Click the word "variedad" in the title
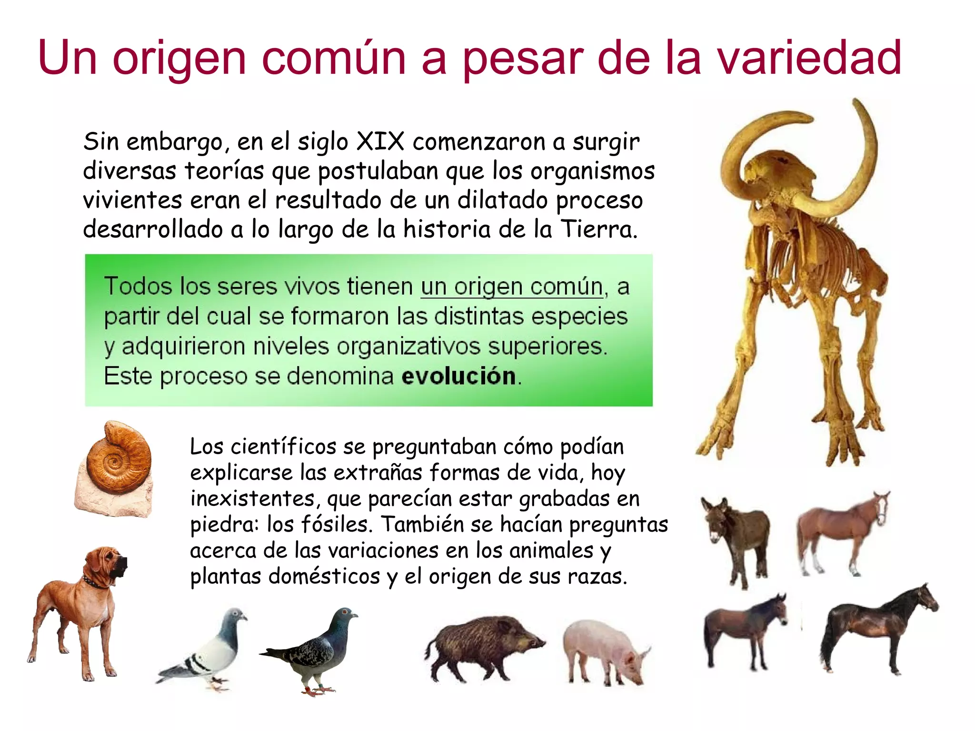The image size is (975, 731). [809, 58]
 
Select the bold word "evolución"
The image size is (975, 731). [458, 376]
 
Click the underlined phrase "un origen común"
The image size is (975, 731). [512, 287]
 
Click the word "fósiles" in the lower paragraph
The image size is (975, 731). [335, 524]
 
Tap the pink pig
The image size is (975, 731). [605, 650]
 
